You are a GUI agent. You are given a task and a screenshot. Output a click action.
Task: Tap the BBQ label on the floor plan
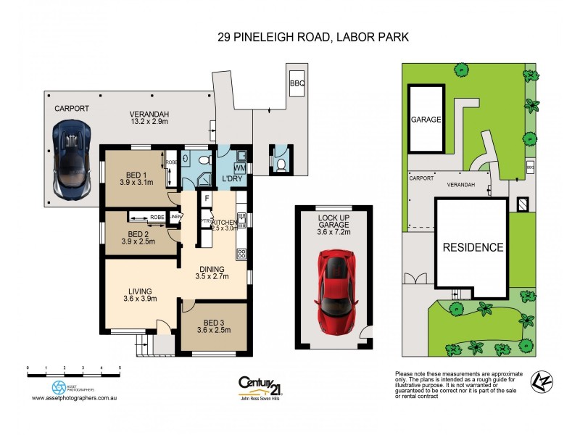pyautogui.click(x=297, y=83)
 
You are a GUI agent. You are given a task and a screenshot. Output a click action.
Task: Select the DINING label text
pyautogui.click(x=212, y=266)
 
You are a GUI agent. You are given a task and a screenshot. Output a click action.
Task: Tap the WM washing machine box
pyautogui.click(x=239, y=169)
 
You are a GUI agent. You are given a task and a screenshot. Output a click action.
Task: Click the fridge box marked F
pyautogui.click(x=207, y=198)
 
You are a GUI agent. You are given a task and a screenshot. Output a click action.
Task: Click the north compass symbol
pyautogui.click(x=539, y=381)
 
